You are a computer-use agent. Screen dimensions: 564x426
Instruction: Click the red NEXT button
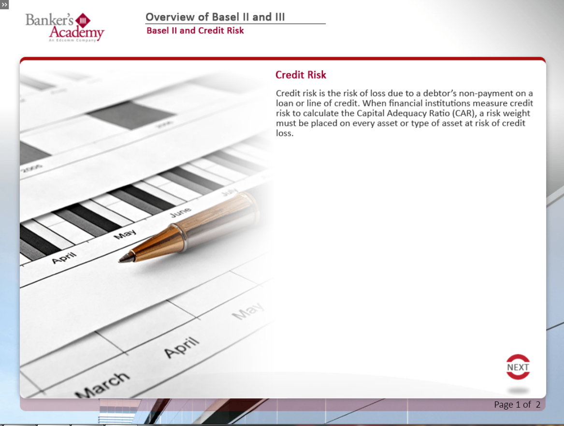pyautogui.click(x=518, y=367)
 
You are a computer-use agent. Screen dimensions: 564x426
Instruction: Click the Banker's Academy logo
pyautogui.click(x=65, y=28)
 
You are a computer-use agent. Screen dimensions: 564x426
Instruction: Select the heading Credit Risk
pyautogui.click(x=301, y=75)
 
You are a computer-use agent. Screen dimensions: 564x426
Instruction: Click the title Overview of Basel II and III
pyautogui.click(x=215, y=17)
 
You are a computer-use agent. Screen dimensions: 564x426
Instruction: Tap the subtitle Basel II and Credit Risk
pyautogui.click(x=195, y=30)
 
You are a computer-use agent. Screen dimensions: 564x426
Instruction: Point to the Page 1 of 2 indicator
pyautogui.click(x=517, y=404)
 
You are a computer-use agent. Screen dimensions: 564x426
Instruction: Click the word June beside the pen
pyautogui.click(x=181, y=213)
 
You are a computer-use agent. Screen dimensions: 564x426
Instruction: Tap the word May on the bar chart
pyautogui.click(x=125, y=235)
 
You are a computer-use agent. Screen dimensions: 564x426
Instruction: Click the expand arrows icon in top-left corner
pyautogui.click(x=4, y=5)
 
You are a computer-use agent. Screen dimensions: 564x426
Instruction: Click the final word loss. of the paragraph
pyautogui.click(x=285, y=133)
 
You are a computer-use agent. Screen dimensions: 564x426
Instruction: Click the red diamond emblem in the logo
pyautogui.click(x=83, y=20)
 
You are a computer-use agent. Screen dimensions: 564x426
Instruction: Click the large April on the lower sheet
pyautogui.click(x=182, y=347)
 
